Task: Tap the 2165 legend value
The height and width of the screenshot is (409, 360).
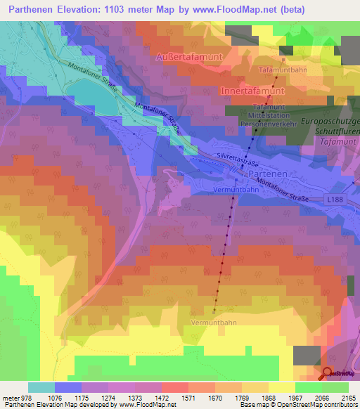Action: click(x=348, y=397)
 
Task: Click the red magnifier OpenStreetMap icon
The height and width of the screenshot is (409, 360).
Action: click(x=327, y=374)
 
